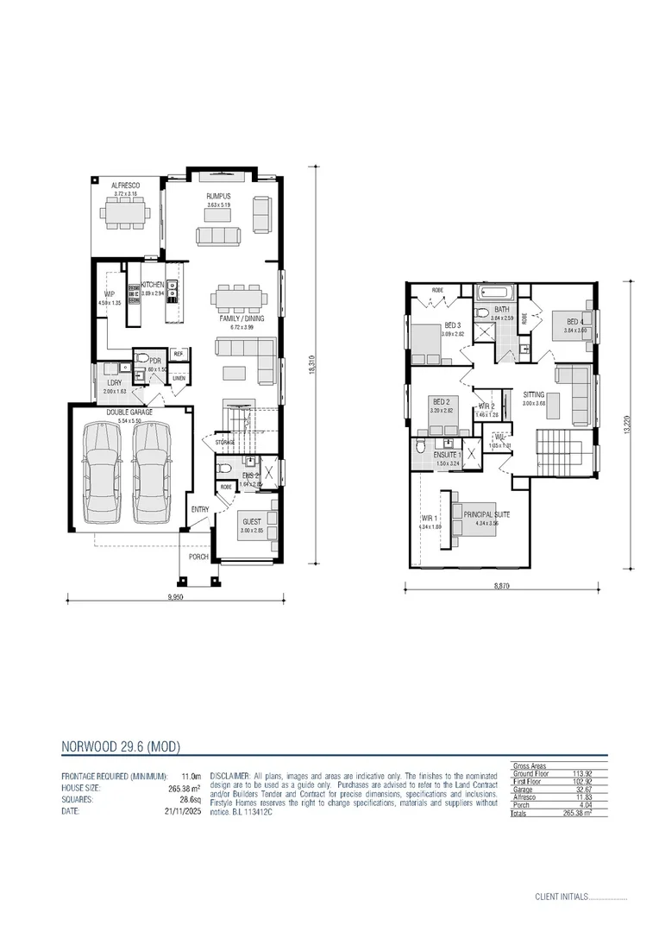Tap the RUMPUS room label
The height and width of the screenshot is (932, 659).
(218, 197)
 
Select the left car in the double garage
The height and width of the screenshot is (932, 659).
(101, 470)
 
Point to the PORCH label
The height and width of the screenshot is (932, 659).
(199, 557)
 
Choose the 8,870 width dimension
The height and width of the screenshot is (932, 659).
(500, 586)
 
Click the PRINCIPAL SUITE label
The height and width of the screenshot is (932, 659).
(486, 514)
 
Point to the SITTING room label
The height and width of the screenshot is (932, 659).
(534, 394)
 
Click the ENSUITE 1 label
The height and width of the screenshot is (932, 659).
(448, 454)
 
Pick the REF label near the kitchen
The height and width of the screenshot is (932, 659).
(179, 354)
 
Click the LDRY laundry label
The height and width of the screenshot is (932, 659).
(114, 382)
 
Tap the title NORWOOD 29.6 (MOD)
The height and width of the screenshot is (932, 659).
(120, 746)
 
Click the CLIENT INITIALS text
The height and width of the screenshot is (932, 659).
(561, 897)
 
